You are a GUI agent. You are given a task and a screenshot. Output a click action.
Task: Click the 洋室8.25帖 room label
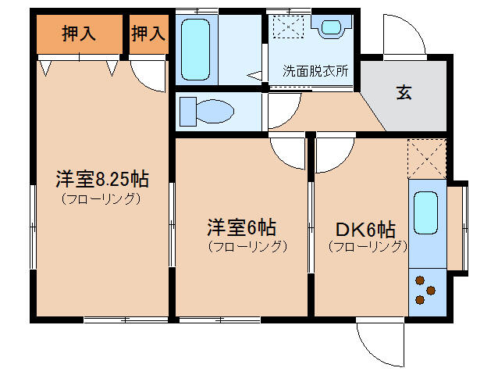tap(101, 179)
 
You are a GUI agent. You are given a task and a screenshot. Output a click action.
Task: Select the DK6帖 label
tap(365, 230)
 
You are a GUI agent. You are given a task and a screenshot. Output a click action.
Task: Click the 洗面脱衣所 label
tap(315, 70)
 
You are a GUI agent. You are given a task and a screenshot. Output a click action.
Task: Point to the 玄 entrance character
tap(404, 92)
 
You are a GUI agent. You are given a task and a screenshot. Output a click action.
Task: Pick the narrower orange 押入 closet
tap(148, 34)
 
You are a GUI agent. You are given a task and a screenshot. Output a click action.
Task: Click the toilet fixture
tap(208, 112)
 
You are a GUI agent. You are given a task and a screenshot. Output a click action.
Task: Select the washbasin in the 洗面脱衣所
tap(330, 27)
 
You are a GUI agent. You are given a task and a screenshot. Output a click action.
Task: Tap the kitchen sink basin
tap(426, 211)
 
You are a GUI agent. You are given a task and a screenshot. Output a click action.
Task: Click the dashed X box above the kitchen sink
tap(426, 159)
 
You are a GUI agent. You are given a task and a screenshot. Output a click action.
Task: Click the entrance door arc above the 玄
tap(404, 36)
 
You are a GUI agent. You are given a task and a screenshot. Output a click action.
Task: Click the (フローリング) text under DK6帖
tap(367, 247)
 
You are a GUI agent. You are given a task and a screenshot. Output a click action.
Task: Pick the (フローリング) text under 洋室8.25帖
tap(101, 198)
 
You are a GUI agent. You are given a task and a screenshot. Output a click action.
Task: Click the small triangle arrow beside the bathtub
tap(255, 76)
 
